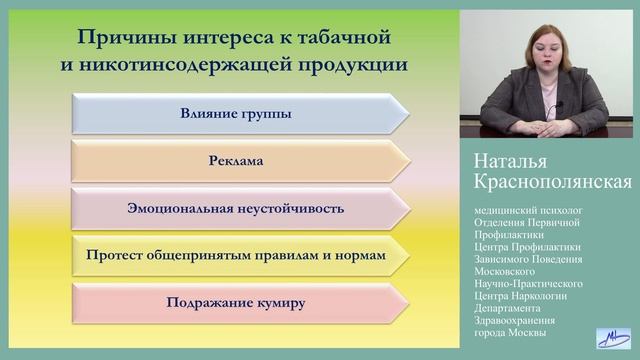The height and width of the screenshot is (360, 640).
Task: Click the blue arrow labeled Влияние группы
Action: tap(236, 113)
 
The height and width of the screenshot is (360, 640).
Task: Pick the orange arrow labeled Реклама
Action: tap(236, 160)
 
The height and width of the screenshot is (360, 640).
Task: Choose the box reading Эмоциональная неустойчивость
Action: tap(236, 208)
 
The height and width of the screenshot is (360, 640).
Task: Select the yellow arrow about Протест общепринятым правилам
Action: tap(236, 255)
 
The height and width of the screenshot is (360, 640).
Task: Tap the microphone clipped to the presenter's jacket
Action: tap(560, 105)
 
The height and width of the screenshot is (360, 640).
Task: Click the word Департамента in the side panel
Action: tap(515, 307)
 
